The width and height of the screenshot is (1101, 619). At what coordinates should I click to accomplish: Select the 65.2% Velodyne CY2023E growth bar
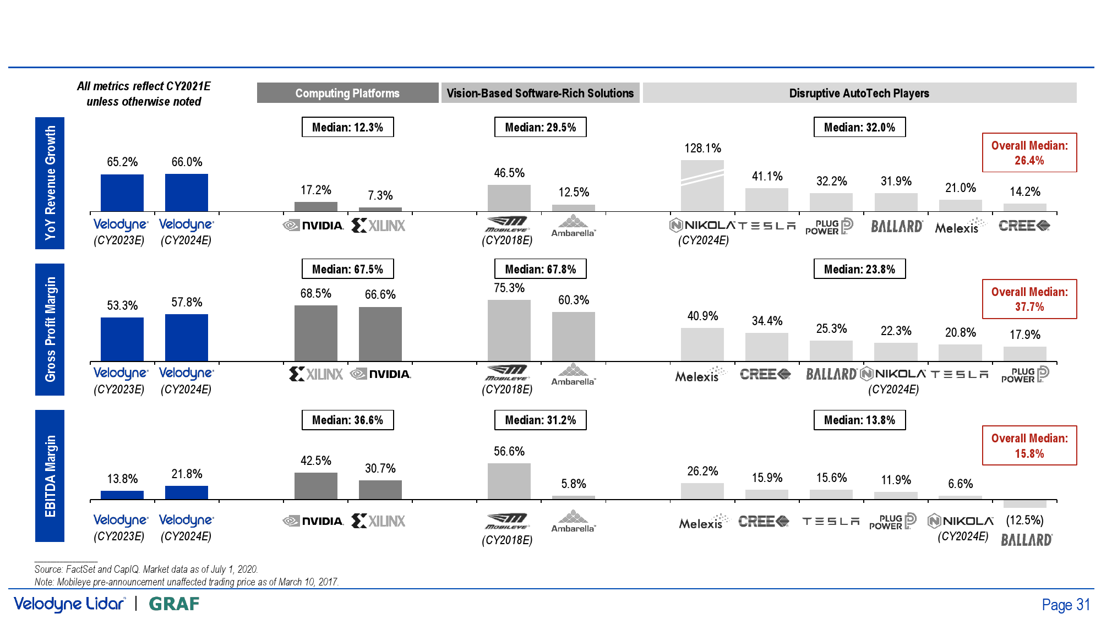pos(122,193)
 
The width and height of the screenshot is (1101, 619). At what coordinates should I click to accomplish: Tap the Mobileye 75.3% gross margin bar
pos(509,330)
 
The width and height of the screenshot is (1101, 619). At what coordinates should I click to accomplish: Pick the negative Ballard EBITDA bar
pos(1024,504)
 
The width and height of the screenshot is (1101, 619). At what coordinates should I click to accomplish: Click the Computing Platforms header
pos(347,93)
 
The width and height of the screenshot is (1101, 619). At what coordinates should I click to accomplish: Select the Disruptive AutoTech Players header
pos(859,93)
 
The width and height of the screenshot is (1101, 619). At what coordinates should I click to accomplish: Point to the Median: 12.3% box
pos(347,127)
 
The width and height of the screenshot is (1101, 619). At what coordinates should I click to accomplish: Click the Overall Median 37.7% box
pos(1029,299)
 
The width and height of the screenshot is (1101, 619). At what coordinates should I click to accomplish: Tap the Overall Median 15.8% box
pos(1029,445)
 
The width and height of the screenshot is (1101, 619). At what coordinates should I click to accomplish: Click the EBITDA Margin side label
pos(50,475)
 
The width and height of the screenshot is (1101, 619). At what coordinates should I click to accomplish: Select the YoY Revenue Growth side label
pos(50,183)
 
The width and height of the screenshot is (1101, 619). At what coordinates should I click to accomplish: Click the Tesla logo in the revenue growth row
pos(766,226)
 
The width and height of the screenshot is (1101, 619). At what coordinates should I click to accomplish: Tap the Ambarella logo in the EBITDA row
pos(573,521)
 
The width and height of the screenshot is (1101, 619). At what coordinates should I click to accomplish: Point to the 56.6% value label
pos(509,451)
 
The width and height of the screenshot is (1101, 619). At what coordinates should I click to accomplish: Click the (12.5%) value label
pos(1024,520)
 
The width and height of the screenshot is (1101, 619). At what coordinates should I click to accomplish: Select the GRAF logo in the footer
pos(174,604)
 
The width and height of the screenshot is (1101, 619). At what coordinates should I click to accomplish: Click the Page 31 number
pos(1065,605)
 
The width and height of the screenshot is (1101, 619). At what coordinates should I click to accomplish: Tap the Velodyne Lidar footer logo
pos(70,604)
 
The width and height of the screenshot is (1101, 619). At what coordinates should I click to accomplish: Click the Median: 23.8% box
pos(859,269)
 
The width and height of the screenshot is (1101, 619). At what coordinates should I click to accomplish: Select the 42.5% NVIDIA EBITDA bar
pos(315,485)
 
